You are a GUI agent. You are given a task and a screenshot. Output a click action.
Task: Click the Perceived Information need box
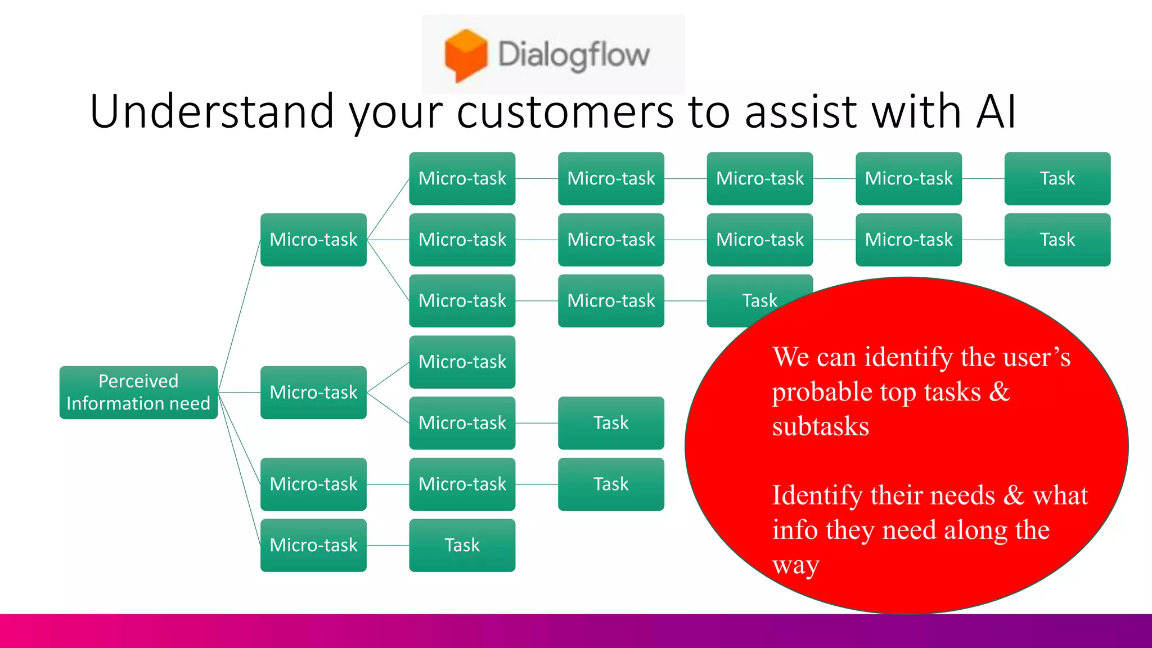coord(138,393)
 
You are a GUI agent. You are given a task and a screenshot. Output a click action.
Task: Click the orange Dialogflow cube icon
coord(465,55)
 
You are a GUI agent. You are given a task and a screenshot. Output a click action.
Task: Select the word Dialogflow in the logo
coord(574,55)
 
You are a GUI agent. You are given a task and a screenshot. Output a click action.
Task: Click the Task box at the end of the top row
coord(1057,178)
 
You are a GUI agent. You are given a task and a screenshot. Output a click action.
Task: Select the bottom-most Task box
coord(462,545)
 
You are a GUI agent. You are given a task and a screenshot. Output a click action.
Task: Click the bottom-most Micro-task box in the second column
coord(313,545)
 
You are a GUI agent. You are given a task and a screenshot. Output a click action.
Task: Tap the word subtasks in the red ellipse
coord(820,426)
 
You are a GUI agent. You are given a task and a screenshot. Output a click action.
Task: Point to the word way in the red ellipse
coord(795,565)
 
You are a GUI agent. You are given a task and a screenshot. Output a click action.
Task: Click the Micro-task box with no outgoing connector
coord(462,362)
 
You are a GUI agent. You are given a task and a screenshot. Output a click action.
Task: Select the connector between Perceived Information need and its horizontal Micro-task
coord(239,393)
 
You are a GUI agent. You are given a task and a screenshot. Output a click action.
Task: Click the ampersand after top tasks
coord(999,391)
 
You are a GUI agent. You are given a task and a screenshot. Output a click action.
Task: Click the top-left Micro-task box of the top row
coord(462,178)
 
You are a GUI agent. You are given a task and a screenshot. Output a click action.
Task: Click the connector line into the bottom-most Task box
coord(388,545)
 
